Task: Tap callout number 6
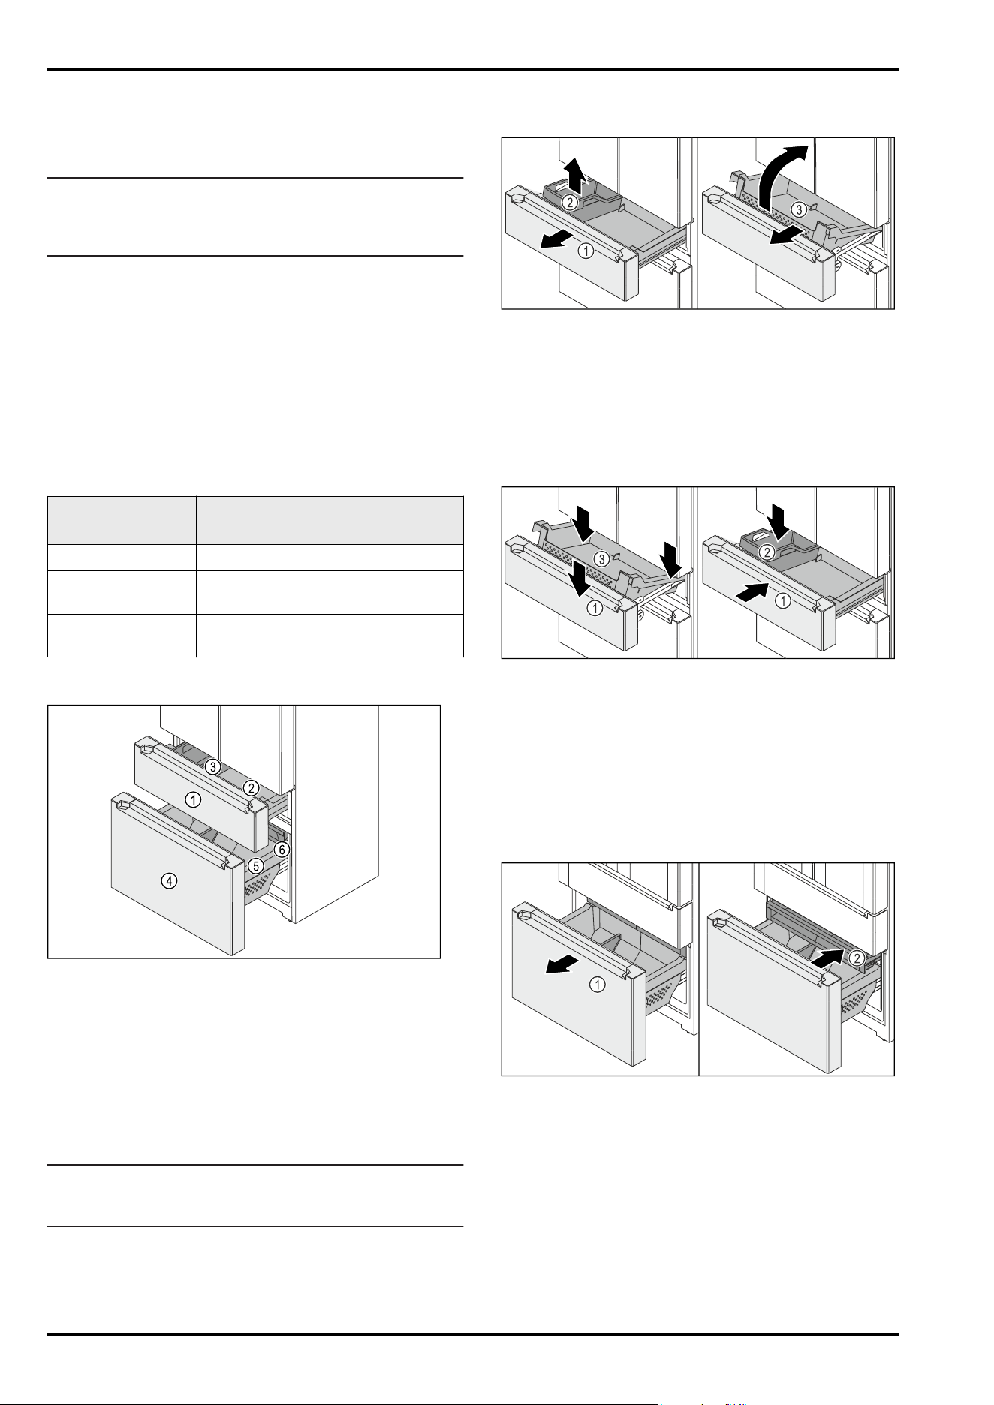pyautogui.click(x=281, y=850)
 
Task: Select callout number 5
pyautogui.click(x=256, y=865)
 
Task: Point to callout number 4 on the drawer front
pyautogui.click(x=171, y=882)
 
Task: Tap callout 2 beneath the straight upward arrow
pyautogui.click(x=570, y=202)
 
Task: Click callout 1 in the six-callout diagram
pyautogui.click(x=194, y=800)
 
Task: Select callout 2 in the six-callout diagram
pyautogui.click(x=251, y=787)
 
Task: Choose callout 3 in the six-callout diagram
pyautogui.click(x=212, y=766)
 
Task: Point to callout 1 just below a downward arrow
pyautogui.click(x=595, y=608)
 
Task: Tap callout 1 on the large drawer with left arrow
pyautogui.click(x=598, y=984)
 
